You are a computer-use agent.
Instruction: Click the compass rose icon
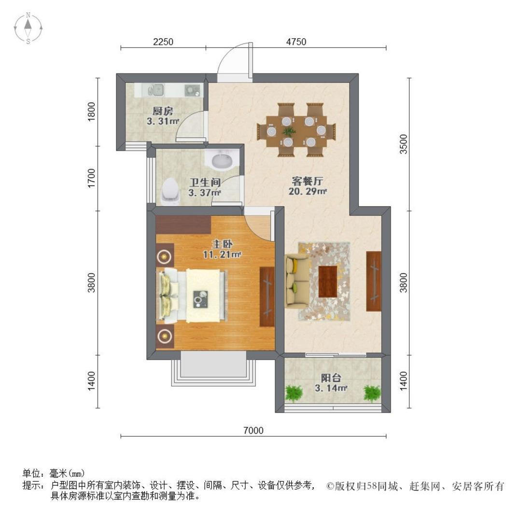[x=28, y=28]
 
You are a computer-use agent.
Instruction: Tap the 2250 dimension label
[x=163, y=42]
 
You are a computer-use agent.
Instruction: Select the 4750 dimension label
[x=296, y=42]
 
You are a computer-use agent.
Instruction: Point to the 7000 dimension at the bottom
[x=253, y=430]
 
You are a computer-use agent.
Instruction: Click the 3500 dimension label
[x=404, y=144]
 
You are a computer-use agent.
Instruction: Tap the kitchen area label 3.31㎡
[x=163, y=122]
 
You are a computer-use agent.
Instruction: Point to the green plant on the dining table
[x=288, y=131]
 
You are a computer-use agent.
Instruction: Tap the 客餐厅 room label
[x=308, y=181]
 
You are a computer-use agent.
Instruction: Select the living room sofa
[x=297, y=281]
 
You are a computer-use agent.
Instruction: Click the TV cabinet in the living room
[x=373, y=282]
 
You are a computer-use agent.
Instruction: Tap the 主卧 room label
[x=222, y=244]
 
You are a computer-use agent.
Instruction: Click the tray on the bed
[x=201, y=299]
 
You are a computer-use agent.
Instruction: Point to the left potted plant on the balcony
[x=294, y=393]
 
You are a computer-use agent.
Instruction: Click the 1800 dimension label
[x=92, y=112]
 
